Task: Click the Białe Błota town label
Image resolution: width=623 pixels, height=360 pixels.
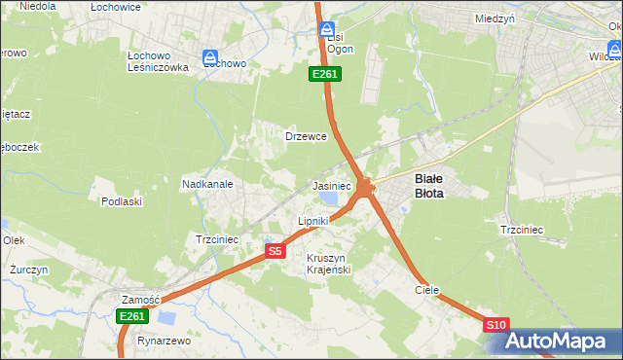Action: pyautogui.click(x=429, y=186)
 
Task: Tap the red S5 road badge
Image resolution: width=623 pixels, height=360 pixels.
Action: pyautogui.click(x=275, y=251)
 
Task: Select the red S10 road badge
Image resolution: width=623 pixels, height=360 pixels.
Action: pyautogui.click(x=496, y=324)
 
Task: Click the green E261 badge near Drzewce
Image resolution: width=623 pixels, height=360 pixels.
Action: pyautogui.click(x=324, y=74)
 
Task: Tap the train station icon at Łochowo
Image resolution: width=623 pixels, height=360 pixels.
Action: pyautogui.click(x=209, y=59)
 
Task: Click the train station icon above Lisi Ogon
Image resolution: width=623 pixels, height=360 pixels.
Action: pyautogui.click(x=328, y=30)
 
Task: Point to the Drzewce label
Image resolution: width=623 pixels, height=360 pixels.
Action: pyautogui.click(x=305, y=136)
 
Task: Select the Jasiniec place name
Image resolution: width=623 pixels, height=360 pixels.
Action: pyautogui.click(x=331, y=185)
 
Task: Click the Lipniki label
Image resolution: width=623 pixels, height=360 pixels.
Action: pyautogui.click(x=312, y=222)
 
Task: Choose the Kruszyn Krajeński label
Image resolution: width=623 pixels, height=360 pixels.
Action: pyautogui.click(x=328, y=263)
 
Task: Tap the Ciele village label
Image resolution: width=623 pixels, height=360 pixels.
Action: pyautogui.click(x=426, y=290)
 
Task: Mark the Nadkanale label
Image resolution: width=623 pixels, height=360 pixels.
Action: pyautogui.click(x=206, y=183)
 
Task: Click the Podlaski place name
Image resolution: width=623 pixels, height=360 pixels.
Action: pyautogui.click(x=122, y=201)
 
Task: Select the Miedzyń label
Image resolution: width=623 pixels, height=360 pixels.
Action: pyautogui.click(x=495, y=18)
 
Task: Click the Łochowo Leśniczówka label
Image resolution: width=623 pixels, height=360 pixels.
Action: pyautogui.click(x=158, y=61)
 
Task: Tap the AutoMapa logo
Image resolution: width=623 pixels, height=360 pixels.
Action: pyautogui.click(x=557, y=341)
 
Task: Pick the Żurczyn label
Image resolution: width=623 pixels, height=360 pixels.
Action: pyautogui.click(x=28, y=269)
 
